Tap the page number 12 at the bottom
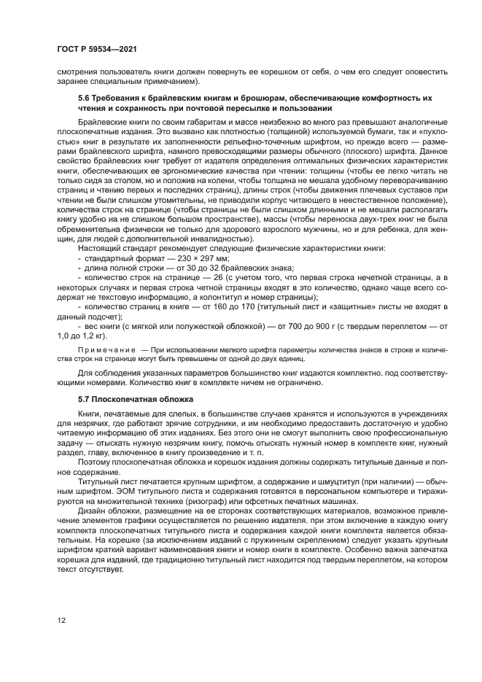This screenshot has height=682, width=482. [63, 620]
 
